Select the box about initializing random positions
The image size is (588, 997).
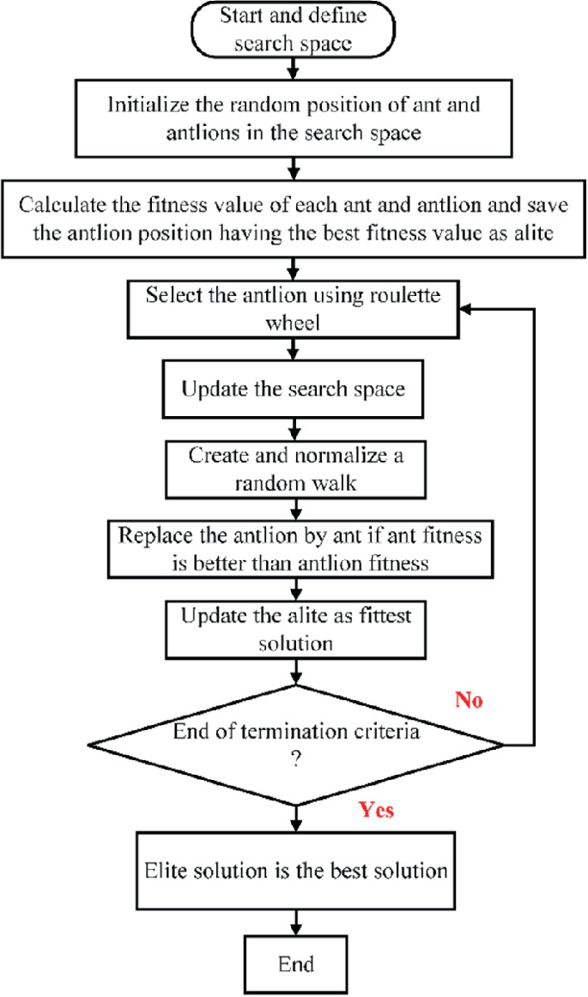click(x=294, y=119)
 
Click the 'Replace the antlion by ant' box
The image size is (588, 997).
click(x=294, y=549)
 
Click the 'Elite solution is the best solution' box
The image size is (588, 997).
click(x=294, y=871)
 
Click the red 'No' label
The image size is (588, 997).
click(x=469, y=701)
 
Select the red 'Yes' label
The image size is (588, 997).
click(x=374, y=809)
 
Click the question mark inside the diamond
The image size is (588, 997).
click(x=294, y=758)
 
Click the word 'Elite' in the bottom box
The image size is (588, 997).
click(x=160, y=871)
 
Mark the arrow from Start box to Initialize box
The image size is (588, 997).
click(x=294, y=66)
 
